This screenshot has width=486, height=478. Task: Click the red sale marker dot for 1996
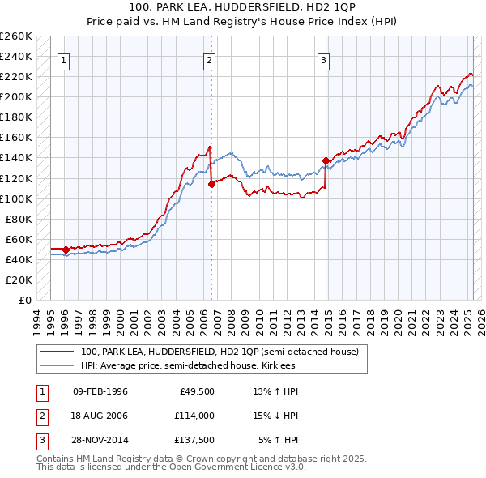coord(66,250)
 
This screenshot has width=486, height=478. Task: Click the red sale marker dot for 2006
coord(211,184)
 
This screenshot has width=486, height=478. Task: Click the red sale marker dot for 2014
coord(326,160)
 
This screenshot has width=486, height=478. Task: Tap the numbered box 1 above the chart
coord(63,59)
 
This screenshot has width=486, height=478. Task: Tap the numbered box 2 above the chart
coord(209,59)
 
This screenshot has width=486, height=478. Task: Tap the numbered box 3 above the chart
coord(323,59)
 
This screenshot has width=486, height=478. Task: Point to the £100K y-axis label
coord(15,198)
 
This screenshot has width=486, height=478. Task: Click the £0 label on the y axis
coord(24,300)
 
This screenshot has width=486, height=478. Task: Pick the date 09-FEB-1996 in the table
coord(100,392)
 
